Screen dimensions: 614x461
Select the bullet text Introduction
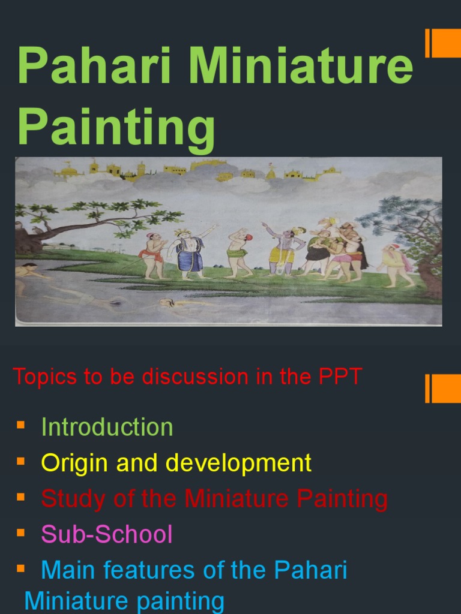[x=107, y=427]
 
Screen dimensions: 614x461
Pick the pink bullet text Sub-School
[x=106, y=534]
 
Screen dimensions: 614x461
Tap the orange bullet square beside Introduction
[x=20, y=425]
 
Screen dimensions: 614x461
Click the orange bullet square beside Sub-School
[x=20, y=532]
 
